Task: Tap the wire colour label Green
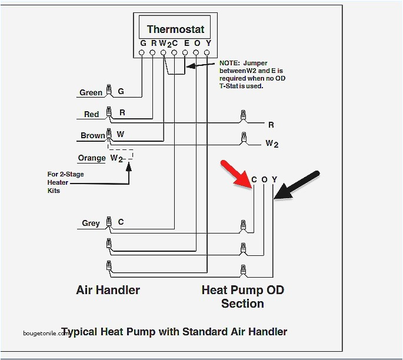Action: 91,92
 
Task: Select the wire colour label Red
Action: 91,114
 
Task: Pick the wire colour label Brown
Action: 92,135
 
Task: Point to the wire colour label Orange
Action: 91,158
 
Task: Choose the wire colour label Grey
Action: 91,223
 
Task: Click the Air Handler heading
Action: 108,290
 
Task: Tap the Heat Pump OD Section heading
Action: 242,296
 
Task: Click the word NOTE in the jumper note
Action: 228,62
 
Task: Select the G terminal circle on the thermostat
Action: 142,53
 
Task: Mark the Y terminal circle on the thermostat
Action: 207,53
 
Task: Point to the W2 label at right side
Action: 271,143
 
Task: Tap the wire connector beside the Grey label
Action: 108,222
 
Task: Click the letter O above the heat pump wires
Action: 264,179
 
